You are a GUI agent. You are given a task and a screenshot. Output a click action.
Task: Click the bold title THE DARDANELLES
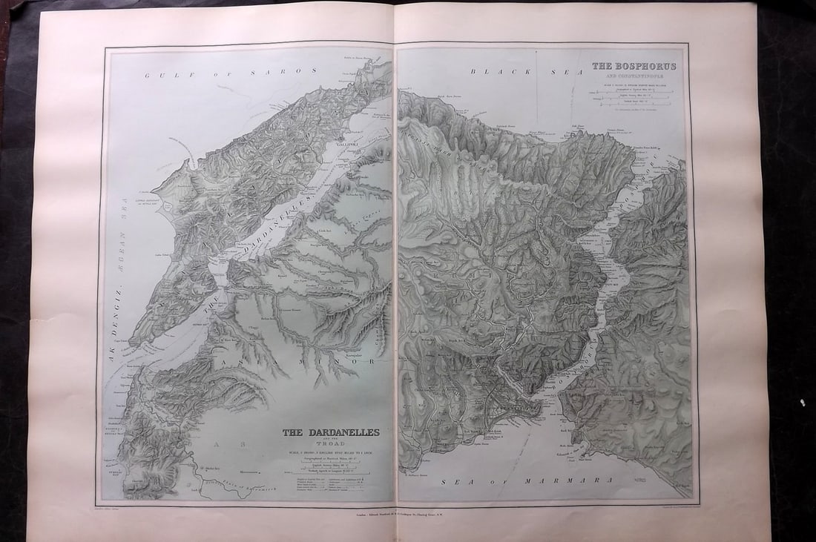click(x=330, y=432)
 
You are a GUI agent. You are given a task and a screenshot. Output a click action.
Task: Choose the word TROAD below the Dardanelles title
click(x=330, y=445)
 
